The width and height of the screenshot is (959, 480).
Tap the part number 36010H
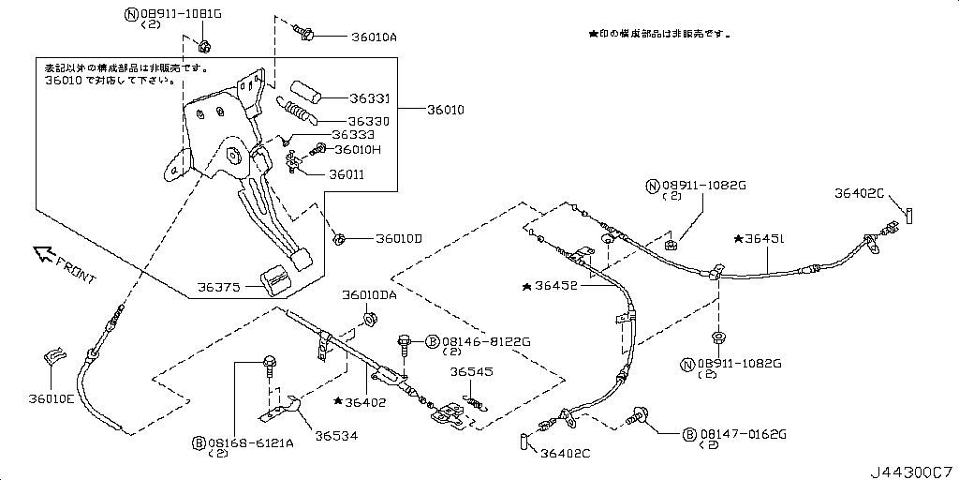pyautogui.click(x=358, y=149)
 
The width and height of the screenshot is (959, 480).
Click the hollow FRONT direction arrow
pyautogui.click(x=42, y=253)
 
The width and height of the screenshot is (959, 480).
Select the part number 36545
pyautogui.click(x=471, y=371)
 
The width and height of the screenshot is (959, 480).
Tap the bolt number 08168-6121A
pyautogui.click(x=250, y=442)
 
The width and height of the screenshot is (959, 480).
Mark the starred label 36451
pyautogui.click(x=765, y=239)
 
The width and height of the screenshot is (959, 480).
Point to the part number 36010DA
pyautogui.click(x=369, y=295)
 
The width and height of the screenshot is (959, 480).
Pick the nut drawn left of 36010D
pyautogui.click(x=343, y=239)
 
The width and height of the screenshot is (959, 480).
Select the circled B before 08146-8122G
pyautogui.click(x=433, y=341)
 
